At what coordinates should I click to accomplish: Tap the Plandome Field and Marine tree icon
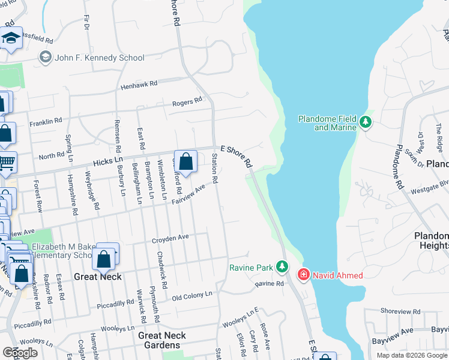pos(365,123)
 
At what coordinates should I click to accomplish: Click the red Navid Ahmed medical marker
pos(303,275)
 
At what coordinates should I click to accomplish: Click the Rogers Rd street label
pos(187,103)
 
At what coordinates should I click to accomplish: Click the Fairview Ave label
pos(189,194)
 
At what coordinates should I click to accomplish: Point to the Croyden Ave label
pos(170,238)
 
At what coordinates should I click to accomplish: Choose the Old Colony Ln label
pos(192,295)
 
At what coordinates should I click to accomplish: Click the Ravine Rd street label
pos(269,283)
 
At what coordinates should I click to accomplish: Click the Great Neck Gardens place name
pos(162,340)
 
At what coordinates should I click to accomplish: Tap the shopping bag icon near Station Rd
pos(186,161)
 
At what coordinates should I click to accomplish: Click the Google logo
pos(20,353)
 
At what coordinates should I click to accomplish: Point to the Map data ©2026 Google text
pos(412,355)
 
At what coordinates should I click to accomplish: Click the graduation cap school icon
pos(11,38)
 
